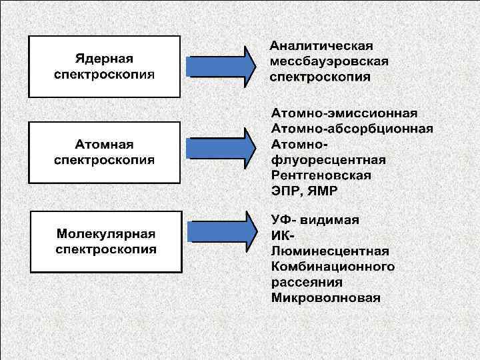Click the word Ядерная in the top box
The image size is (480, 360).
pos(103,58)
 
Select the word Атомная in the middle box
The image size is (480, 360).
pos(103,145)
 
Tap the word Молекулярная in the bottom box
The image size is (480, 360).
pos(106,234)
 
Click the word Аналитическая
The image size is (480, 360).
pos(321,46)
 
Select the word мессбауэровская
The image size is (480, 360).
pos(329,61)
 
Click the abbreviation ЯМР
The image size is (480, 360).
pos(323,191)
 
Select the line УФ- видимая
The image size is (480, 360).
pos(315,219)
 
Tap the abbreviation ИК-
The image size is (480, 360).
pos(283,235)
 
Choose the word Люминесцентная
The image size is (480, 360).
pos(330,251)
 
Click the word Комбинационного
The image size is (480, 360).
pos(333,267)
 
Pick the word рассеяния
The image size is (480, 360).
pos(307,283)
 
